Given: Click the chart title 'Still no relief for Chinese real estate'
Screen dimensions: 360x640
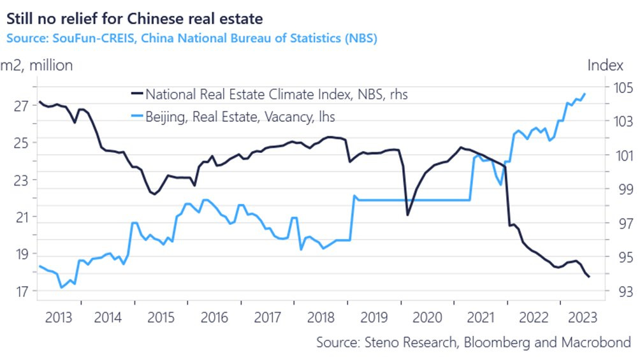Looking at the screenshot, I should pyautogui.click(x=134, y=13).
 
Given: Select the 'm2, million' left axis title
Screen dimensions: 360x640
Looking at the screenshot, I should pyautogui.click(x=36, y=65).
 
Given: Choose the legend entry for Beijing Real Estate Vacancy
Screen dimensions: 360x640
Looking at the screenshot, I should pyautogui.click(x=240, y=117).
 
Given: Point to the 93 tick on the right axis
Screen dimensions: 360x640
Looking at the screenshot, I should pyautogui.click(x=618, y=291).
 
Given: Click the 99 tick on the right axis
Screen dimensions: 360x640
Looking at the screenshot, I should pyautogui.click(x=618, y=189).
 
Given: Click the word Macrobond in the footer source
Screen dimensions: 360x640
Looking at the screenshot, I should pyautogui.click(x=599, y=342).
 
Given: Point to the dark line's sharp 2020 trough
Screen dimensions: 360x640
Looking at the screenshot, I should pyautogui.click(x=408, y=215).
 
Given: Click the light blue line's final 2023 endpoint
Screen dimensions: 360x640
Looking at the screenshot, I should pyautogui.click(x=585, y=94).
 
